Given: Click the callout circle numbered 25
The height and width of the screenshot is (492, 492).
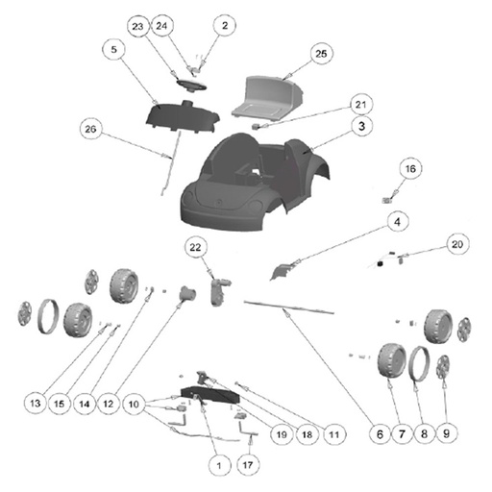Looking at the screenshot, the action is [x=321, y=54].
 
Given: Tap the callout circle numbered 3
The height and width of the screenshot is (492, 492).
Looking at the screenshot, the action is [x=361, y=126].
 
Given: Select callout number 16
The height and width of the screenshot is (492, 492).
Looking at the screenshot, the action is [x=410, y=168].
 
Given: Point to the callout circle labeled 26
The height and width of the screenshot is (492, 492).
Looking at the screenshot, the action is [x=90, y=129].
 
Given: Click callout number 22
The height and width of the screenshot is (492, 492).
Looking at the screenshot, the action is [x=195, y=247].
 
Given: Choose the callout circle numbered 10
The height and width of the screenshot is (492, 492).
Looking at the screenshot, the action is [x=134, y=404].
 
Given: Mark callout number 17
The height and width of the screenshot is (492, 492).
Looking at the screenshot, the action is [x=248, y=464].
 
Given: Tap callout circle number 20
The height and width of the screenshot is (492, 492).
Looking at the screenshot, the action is [x=457, y=244].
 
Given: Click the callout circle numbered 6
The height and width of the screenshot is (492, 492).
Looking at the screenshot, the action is [x=380, y=434].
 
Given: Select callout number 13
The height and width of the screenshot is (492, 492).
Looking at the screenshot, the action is [x=36, y=404].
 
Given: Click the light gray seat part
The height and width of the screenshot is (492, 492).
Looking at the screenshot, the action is [x=267, y=98].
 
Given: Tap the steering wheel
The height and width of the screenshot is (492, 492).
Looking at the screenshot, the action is [x=191, y=85].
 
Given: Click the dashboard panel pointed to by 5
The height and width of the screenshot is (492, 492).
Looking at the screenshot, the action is [x=183, y=117].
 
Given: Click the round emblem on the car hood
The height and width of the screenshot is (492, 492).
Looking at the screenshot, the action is [x=219, y=203].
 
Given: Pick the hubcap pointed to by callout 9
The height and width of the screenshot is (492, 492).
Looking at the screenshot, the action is [x=444, y=367].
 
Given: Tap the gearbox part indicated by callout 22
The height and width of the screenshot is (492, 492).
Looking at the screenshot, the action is [x=218, y=291].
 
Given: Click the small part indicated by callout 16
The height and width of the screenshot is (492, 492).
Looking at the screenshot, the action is [x=386, y=201].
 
